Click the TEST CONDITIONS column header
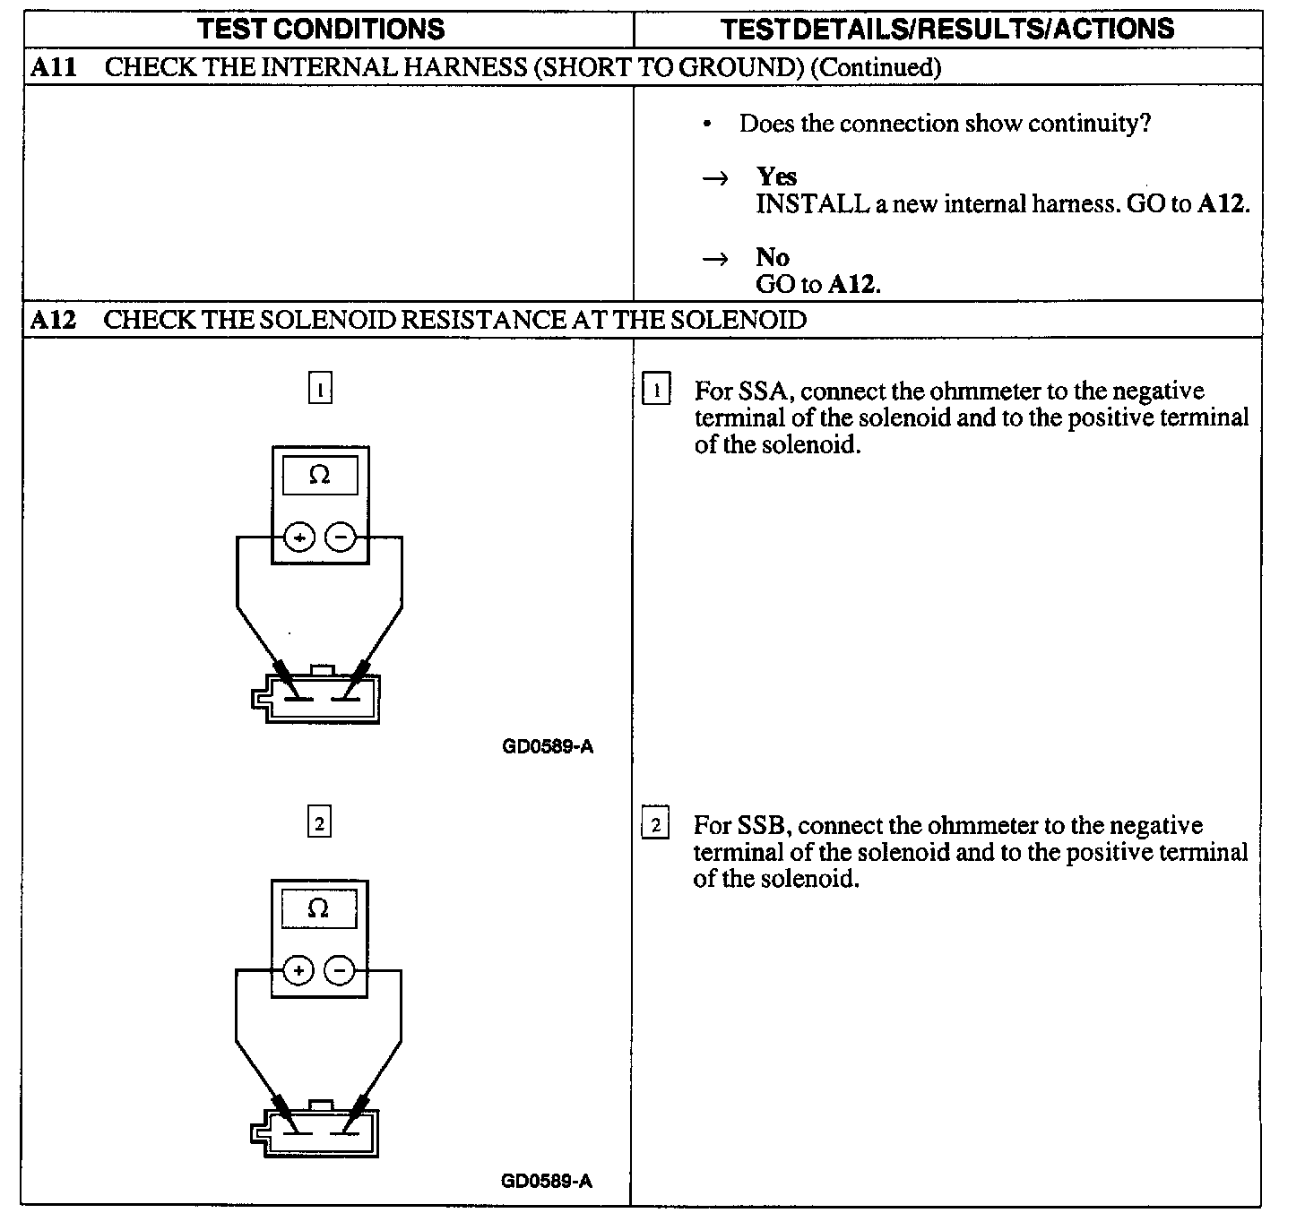tap(321, 29)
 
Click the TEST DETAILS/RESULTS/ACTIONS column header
tap(947, 29)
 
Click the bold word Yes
tap(776, 176)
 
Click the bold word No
tap(773, 258)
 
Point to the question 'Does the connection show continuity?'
tap(945, 124)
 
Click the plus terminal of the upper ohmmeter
tap(299, 538)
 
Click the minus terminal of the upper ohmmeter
tap(341, 538)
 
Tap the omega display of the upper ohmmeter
tap(320, 476)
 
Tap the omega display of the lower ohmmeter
tap(319, 909)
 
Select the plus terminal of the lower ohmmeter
tap(298, 971)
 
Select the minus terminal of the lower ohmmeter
tap(340, 971)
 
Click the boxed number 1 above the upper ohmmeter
tap(320, 390)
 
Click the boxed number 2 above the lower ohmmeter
tap(319, 822)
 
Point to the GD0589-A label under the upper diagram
tap(548, 746)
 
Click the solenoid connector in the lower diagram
tap(315, 1132)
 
